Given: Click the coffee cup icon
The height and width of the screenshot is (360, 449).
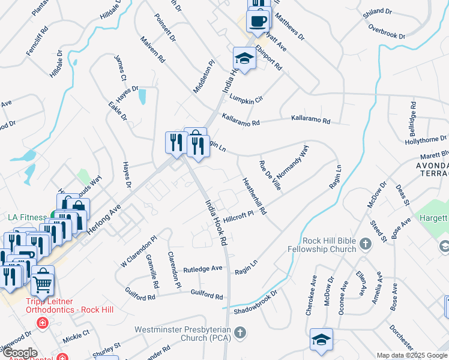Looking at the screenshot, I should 258,20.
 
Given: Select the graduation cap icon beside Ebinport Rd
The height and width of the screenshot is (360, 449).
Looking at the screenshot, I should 244,58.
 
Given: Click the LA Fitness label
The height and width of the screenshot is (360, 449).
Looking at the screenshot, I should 26,216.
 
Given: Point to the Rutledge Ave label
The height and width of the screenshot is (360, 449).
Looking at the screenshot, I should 203,269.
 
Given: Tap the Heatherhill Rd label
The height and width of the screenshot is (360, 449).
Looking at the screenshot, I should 254,196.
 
